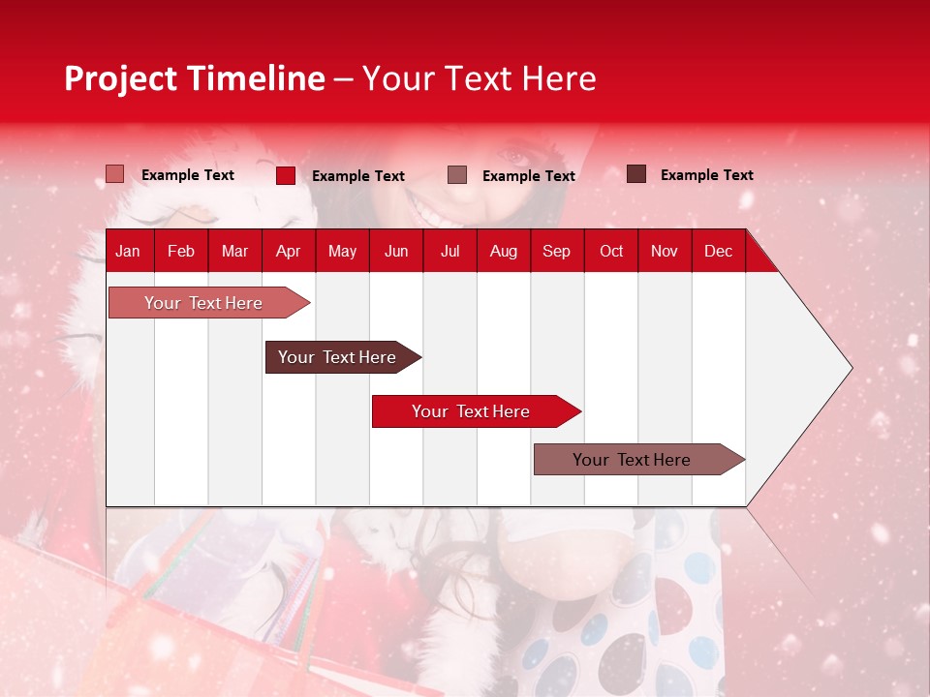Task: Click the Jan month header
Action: [x=128, y=251]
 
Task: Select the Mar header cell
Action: [x=234, y=251]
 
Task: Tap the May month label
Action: [x=342, y=251]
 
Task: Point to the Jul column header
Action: [x=449, y=251]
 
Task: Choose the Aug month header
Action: [x=503, y=251]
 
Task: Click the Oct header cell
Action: [x=611, y=251]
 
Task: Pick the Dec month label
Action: [x=718, y=251]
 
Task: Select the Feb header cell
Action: [x=181, y=251]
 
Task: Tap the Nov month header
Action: [x=665, y=251]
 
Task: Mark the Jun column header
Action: [x=396, y=251]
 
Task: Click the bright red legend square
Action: [x=286, y=175]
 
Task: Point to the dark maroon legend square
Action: [x=636, y=174]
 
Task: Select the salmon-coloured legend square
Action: [x=115, y=174]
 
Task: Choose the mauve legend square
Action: [x=457, y=175]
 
